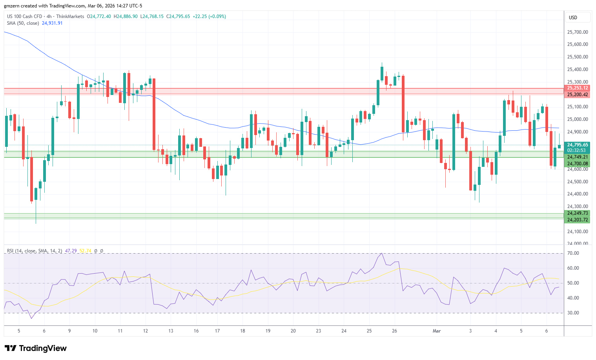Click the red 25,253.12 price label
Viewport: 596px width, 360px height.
coord(578,88)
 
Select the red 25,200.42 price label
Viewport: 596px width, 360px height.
coord(578,95)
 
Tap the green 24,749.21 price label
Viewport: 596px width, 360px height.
coord(578,157)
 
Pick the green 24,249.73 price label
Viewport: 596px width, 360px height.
coord(578,213)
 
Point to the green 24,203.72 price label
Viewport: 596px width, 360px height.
coord(578,220)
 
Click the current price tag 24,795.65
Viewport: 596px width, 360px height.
coord(578,145)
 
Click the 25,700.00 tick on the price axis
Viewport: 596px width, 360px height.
coord(578,32)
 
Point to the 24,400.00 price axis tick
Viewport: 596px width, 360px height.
coord(578,194)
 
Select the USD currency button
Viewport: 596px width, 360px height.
coord(573,18)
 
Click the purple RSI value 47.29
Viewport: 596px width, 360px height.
coord(71,251)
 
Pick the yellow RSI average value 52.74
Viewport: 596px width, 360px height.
coord(85,251)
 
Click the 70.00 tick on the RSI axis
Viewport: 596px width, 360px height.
coord(573,253)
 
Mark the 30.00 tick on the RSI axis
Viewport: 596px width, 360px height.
coord(573,313)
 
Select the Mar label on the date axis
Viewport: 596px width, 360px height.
coord(437,331)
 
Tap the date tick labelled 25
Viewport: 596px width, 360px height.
coord(369,331)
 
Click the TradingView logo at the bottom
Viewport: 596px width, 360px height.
coord(36,348)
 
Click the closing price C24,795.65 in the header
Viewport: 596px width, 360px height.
coord(178,16)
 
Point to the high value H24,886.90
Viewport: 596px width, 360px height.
coord(126,16)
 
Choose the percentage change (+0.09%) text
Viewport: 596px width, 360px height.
coord(218,16)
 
